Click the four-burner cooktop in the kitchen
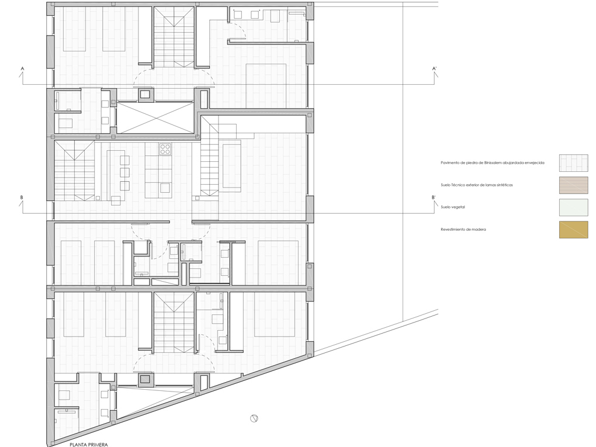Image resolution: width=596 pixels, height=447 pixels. pos(165,149)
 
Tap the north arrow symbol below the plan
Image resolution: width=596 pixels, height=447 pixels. pos(254,418)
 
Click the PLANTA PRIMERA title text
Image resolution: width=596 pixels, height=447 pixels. pos(88,445)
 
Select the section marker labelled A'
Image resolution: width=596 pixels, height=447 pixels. pos(434,69)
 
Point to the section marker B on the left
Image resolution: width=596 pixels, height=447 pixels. pos(22,198)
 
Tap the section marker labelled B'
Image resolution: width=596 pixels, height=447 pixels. pos(434,198)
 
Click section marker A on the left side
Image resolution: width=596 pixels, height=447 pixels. pos(22,69)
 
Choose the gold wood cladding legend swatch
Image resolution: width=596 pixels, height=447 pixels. pos(573,230)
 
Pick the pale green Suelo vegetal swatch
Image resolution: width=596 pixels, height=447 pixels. pos(573,207)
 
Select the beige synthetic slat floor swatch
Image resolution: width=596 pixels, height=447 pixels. pos(573,185)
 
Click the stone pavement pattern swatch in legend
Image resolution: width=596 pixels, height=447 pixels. pos(573,163)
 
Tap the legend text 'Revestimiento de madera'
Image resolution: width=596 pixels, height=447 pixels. pos(463,230)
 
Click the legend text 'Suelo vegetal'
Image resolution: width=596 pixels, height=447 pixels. pos(453,207)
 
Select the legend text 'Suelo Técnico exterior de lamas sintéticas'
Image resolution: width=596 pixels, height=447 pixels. pos(477,185)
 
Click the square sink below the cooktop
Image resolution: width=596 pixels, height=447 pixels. pos(165,188)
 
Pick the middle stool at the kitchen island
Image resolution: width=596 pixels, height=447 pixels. pos(124,172)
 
